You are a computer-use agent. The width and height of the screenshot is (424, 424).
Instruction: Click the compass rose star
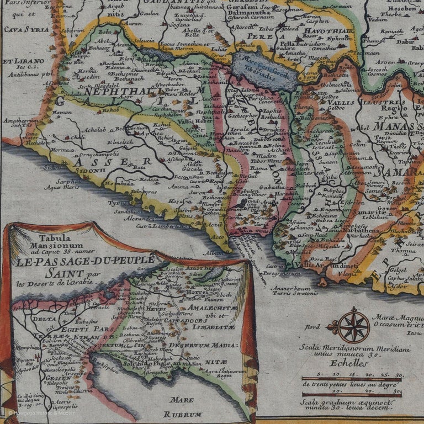point(354,326)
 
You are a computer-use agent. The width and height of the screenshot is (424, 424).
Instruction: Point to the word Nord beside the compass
point(312,327)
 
